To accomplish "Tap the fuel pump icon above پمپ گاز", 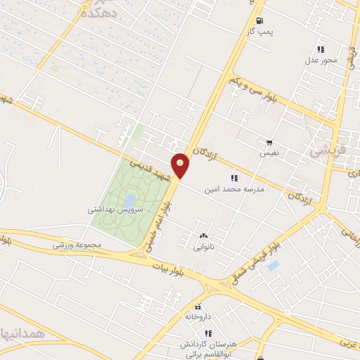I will point(260,20).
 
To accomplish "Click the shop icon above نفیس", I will point(269,142).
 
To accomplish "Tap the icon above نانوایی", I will point(203,236).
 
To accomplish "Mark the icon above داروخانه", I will point(198,307).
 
